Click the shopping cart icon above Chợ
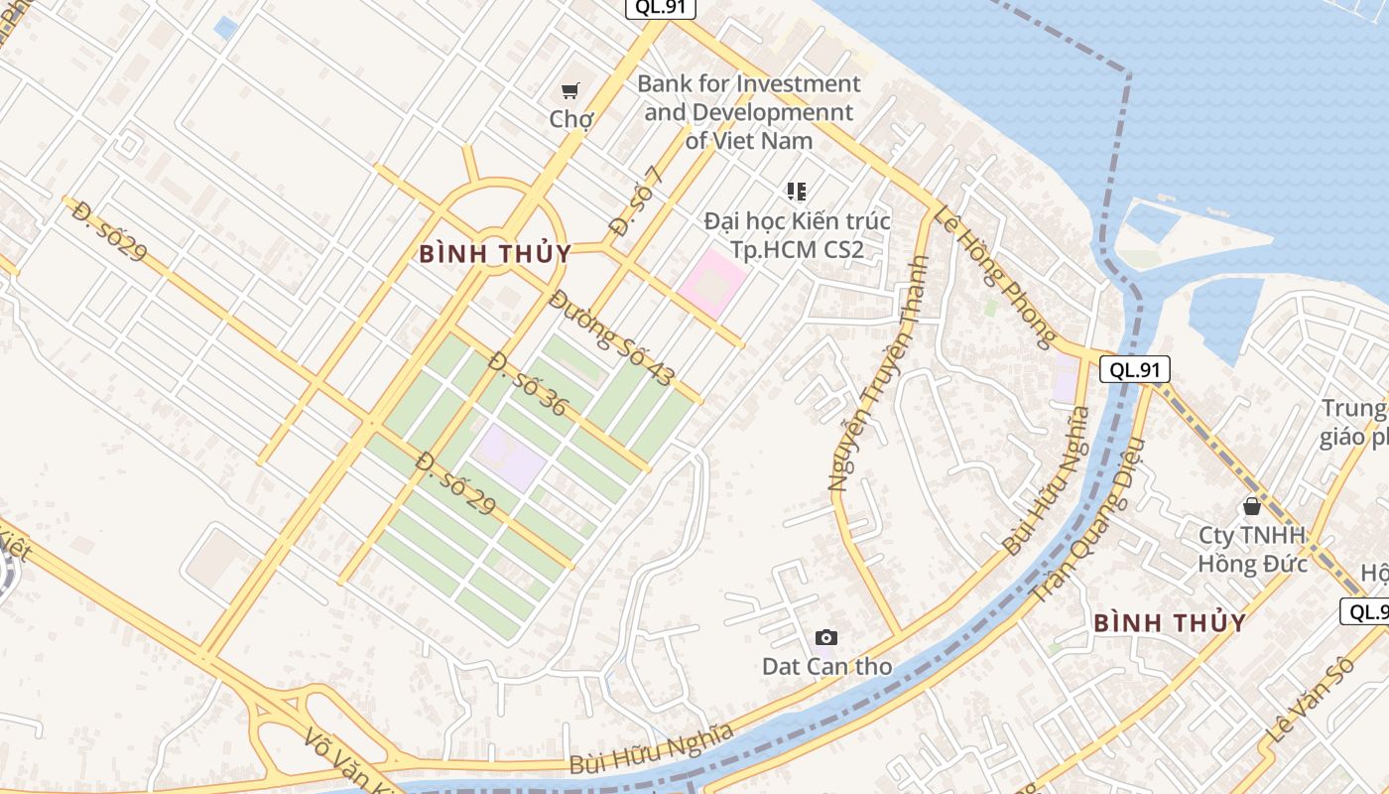point(570,91)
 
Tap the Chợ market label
point(571,120)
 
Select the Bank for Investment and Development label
point(749,112)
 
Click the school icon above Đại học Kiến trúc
point(796,191)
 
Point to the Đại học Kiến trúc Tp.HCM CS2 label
point(797,235)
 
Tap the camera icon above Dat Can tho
point(825,637)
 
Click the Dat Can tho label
point(826,666)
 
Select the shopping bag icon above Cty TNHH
point(1252,506)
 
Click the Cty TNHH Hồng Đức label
point(1252,549)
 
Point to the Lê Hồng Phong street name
point(993,277)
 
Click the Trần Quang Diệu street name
point(1088,520)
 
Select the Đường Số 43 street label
point(612,338)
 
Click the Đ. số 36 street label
point(527,384)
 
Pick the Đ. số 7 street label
point(635,200)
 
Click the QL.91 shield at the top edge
point(660,8)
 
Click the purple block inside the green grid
point(508,457)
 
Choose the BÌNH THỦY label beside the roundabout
point(494,254)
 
